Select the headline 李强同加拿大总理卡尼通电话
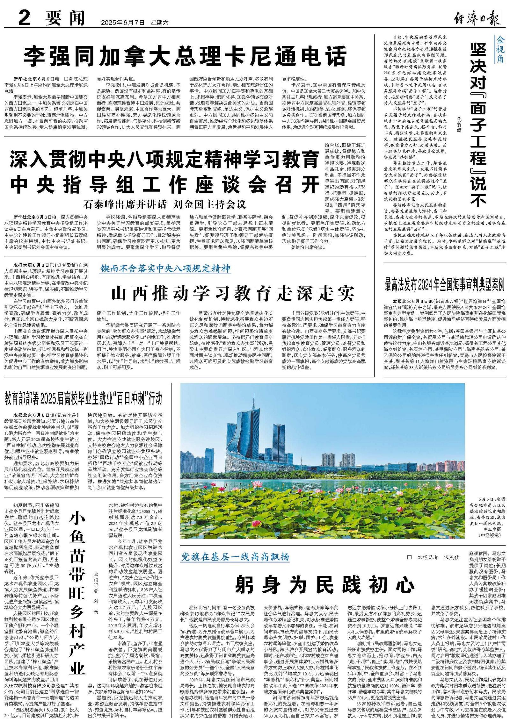185,56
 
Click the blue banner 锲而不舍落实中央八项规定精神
165,268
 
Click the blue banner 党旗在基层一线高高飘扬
236,557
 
